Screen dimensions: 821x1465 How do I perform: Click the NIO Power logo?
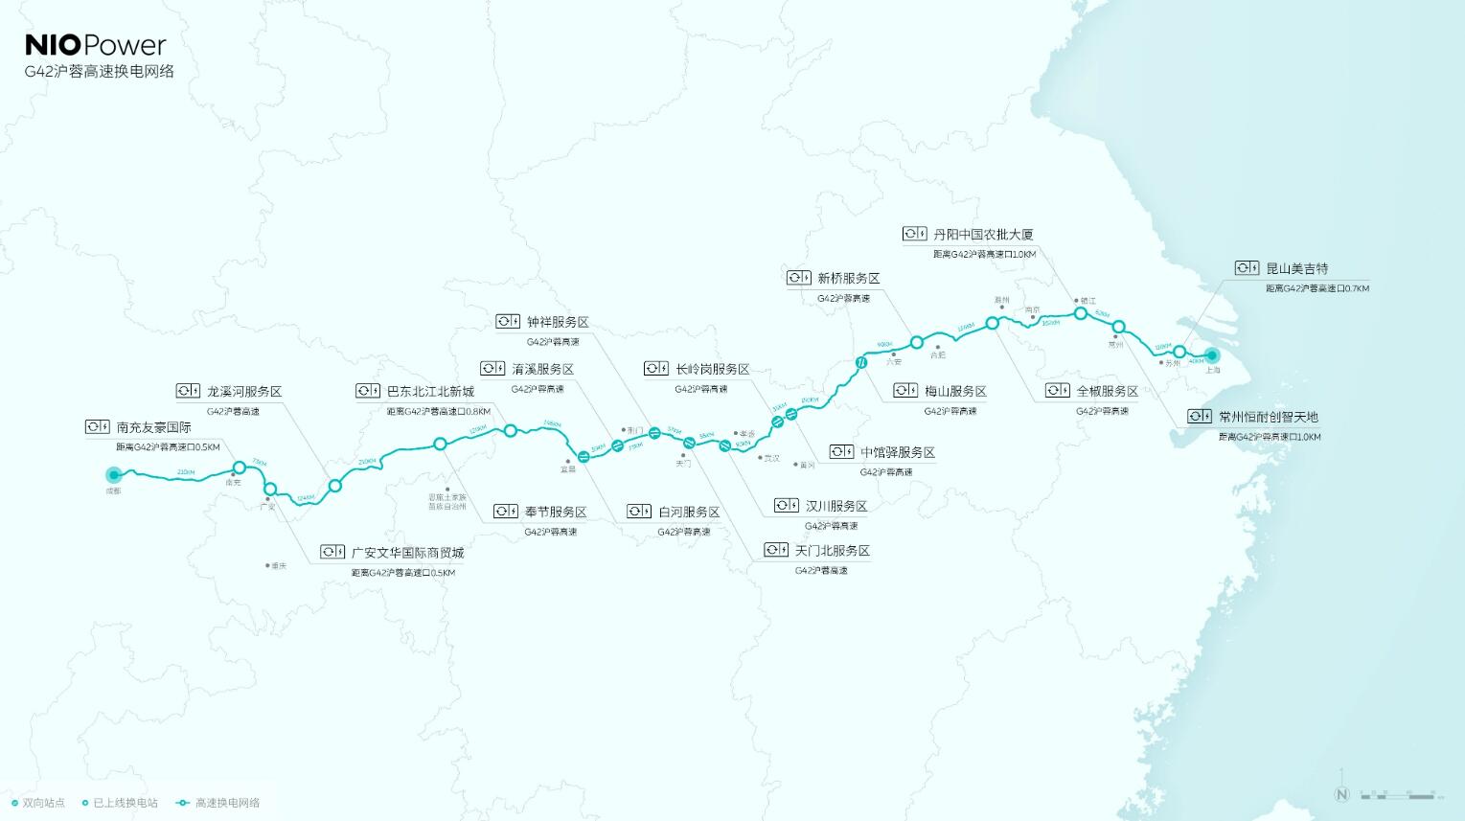(95, 45)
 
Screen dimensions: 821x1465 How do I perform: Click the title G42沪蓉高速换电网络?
(100, 72)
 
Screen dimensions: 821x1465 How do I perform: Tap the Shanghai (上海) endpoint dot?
(1211, 354)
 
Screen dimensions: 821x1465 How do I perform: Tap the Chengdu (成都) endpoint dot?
(113, 474)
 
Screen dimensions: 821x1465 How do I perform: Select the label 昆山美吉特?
(1296, 268)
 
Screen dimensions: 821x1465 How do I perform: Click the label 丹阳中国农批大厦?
(983, 234)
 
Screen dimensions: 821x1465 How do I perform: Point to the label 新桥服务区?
(848, 278)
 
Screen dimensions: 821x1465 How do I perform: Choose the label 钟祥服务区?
(558, 322)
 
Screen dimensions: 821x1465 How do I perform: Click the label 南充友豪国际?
(153, 427)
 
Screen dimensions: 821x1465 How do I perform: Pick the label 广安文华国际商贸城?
(407, 553)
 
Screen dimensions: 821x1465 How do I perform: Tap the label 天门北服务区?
(832, 551)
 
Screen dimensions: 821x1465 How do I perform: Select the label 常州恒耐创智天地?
(1268, 417)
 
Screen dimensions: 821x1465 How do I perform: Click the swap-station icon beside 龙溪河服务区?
(188, 391)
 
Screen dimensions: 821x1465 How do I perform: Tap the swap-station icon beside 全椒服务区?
(1057, 391)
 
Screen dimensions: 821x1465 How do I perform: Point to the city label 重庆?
(278, 566)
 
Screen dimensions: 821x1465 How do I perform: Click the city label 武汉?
(770, 458)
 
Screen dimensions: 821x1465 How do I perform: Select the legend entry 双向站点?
(44, 803)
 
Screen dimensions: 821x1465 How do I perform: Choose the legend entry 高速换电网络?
(227, 803)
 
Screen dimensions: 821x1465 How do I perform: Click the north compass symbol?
(1341, 794)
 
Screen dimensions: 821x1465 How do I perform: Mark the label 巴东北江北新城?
(430, 391)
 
